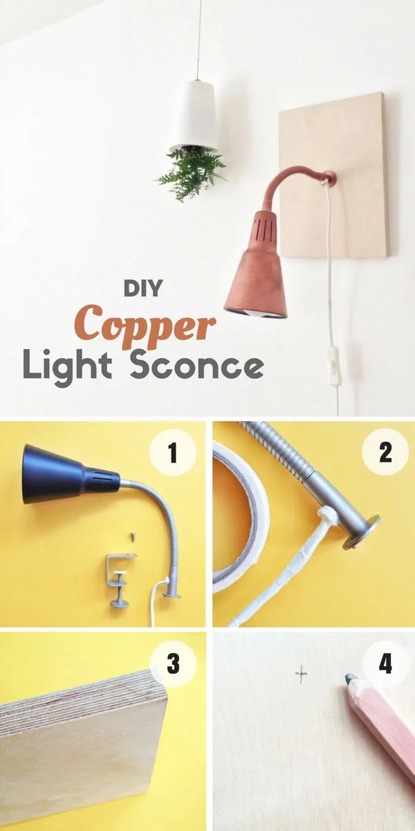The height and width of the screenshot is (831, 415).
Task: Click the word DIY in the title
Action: point(143,287)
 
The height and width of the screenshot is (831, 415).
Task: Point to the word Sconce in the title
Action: point(196,365)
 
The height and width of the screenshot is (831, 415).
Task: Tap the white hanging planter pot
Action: point(194,115)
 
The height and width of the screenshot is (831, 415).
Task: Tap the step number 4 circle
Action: point(385,663)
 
